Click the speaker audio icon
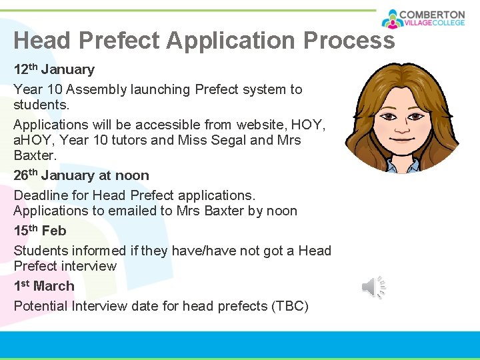pyautogui.click(x=374, y=287)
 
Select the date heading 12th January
pyautogui.click(x=54, y=69)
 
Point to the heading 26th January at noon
pyautogui.click(x=81, y=175)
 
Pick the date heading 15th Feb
pyautogui.click(x=40, y=231)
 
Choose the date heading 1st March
pyautogui.click(x=44, y=286)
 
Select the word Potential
pyautogui.click(x=41, y=306)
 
